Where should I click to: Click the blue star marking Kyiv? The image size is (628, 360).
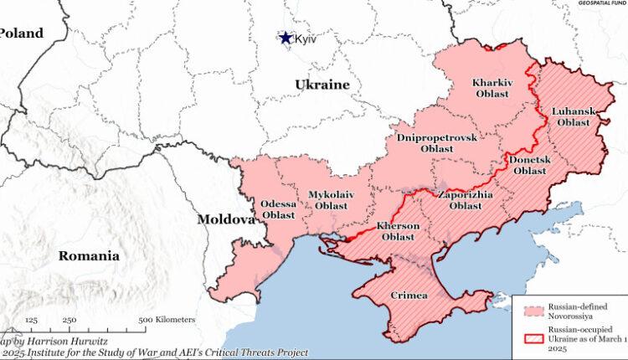[286, 38]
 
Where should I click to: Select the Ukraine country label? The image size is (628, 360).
[322, 85]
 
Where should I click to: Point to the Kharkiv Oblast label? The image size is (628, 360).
[492, 89]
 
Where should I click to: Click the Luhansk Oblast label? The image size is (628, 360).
[573, 116]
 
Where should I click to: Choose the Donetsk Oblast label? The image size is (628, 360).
[529, 164]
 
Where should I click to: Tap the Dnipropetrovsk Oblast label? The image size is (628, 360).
[436, 142]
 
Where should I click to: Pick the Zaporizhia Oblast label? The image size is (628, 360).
[465, 199]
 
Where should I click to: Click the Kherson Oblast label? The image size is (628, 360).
[398, 231]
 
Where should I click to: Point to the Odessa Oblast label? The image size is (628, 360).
[278, 209]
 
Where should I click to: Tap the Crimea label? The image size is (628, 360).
[409, 296]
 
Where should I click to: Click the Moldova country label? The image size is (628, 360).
[225, 220]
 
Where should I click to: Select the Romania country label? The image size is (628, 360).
[88, 256]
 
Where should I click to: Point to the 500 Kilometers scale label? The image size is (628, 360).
[167, 320]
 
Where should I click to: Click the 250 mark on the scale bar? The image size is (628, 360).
[69, 320]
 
